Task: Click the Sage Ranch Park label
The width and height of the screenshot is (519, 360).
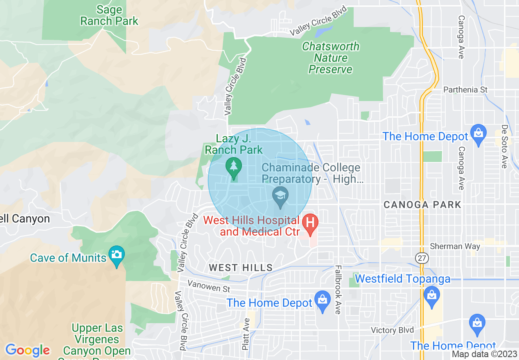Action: point(109,15)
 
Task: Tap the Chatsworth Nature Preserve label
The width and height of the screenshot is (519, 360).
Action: point(330,58)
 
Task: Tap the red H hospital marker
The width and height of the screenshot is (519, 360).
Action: point(310,223)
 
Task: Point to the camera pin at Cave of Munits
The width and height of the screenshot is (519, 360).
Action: point(117,255)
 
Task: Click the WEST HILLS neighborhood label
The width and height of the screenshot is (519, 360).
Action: point(241,268)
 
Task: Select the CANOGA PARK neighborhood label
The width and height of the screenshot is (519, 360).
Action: point(422,205)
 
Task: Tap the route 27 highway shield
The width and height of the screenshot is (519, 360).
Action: point(421,258)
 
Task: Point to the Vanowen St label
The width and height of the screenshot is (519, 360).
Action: point(209,286)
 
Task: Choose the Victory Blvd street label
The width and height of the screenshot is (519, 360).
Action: point(392,330)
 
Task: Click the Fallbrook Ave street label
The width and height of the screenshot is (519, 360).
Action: point(338,290)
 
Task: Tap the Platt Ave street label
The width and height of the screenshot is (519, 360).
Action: point(246,334)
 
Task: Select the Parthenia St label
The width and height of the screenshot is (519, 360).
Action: point(466,90)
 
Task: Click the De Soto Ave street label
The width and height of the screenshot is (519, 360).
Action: point(504,146)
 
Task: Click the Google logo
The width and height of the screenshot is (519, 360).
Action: point(27,350)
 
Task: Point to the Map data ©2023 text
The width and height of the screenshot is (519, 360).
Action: point(485,354)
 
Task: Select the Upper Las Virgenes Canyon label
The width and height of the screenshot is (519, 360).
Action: point(97,340)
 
